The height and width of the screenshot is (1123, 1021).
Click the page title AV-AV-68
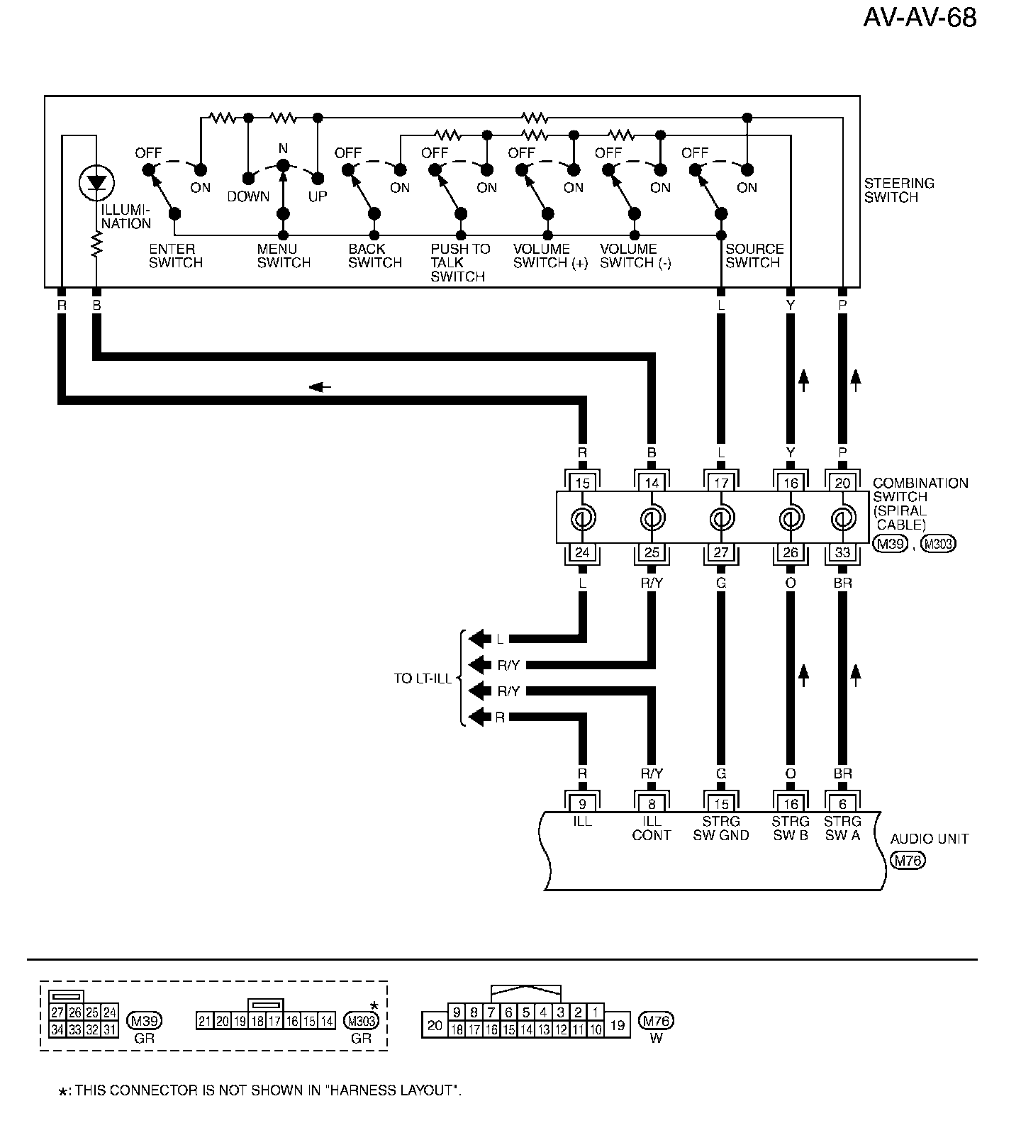920,18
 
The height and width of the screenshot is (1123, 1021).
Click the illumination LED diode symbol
96,184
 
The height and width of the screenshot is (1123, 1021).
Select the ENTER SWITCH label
176,256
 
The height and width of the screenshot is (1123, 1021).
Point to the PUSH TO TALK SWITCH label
460,262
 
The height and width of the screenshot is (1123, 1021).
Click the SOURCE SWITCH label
754,256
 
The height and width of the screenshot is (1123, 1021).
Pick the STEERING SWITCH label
898,190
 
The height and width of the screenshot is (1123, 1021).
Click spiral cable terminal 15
582,484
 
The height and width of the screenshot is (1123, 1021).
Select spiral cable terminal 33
842,553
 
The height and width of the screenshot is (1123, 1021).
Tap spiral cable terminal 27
721,553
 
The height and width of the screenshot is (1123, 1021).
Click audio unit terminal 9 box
582,804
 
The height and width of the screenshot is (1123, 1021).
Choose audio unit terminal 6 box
842,804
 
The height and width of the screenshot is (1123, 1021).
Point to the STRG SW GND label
720,828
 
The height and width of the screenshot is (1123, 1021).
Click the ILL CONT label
652,828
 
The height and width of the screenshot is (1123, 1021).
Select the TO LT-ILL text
423,678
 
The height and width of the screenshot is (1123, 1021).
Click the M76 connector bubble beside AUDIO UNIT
908,861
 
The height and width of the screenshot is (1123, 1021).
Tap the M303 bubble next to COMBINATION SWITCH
937,544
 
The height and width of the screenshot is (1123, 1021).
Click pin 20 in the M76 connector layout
435,1024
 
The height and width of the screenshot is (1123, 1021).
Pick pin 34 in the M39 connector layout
57,1029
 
